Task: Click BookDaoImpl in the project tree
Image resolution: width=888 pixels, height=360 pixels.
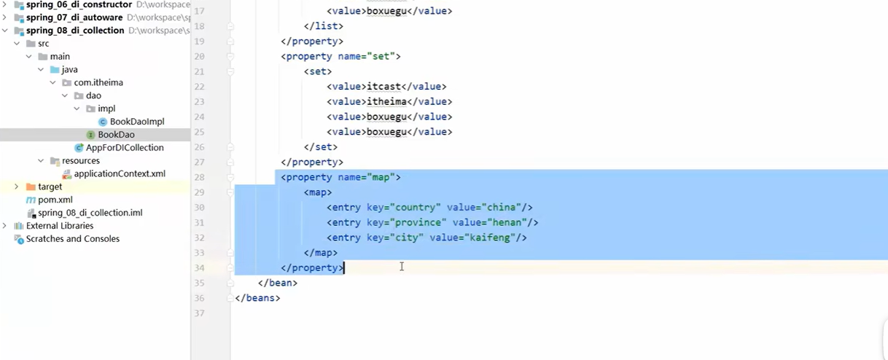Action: pyautogui.click(x=137, y=122)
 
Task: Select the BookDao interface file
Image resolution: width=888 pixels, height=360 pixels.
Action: pyautogui.click(x=116, y=135)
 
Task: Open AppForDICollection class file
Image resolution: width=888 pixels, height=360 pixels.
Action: pyautogui.click(x=124, y=148)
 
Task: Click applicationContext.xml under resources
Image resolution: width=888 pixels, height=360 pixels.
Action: pyautogui.click(x=120, y=174)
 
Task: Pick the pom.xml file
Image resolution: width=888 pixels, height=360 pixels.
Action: pyautogui.click(x=55, y=200)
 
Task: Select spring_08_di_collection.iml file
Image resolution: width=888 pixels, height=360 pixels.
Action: pyautogui.click(x=90, y=213)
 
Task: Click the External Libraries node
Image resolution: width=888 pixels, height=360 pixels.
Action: pyautogui.click(x=60, y=226)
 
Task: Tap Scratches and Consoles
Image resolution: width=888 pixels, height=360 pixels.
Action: pyautogui.click(x=72, y=239)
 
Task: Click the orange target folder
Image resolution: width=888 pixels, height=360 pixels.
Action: pyautogui.click(x=50, y=187)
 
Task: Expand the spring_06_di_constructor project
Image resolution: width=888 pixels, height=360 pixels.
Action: pyautogui.click(x=6, y=4)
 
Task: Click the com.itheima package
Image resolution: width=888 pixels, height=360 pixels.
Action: pyautogui.click(x=98, y=82)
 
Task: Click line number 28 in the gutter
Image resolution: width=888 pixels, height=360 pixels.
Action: pyautogui.click(x=199, y=178)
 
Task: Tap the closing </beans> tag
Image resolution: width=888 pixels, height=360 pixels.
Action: pyautogui.click(x=257, y=298)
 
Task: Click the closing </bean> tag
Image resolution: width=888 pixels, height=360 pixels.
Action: pyautogui.click(x=278, y=283)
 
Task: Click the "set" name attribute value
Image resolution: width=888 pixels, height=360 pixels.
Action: pyautogui.click(x=381, y=56)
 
